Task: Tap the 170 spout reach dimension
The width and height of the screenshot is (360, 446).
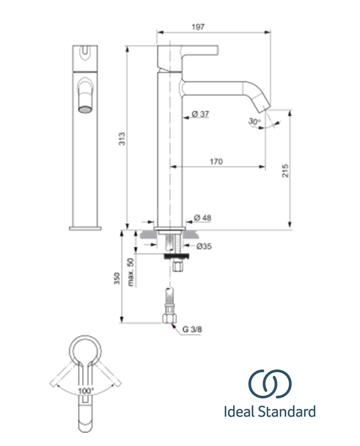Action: [x=216, y=162]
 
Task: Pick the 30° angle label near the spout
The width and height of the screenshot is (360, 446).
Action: [x=254, y=122]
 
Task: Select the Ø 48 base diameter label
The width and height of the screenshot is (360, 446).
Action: [x=203, y=217]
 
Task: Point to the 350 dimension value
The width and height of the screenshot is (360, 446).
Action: [x=117, y=278]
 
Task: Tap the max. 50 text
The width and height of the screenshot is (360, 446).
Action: [x=131, y=272]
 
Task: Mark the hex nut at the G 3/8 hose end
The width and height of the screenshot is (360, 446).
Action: [x=169, y=319]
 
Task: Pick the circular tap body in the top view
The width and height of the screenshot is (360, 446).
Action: [x=86, y=351]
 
